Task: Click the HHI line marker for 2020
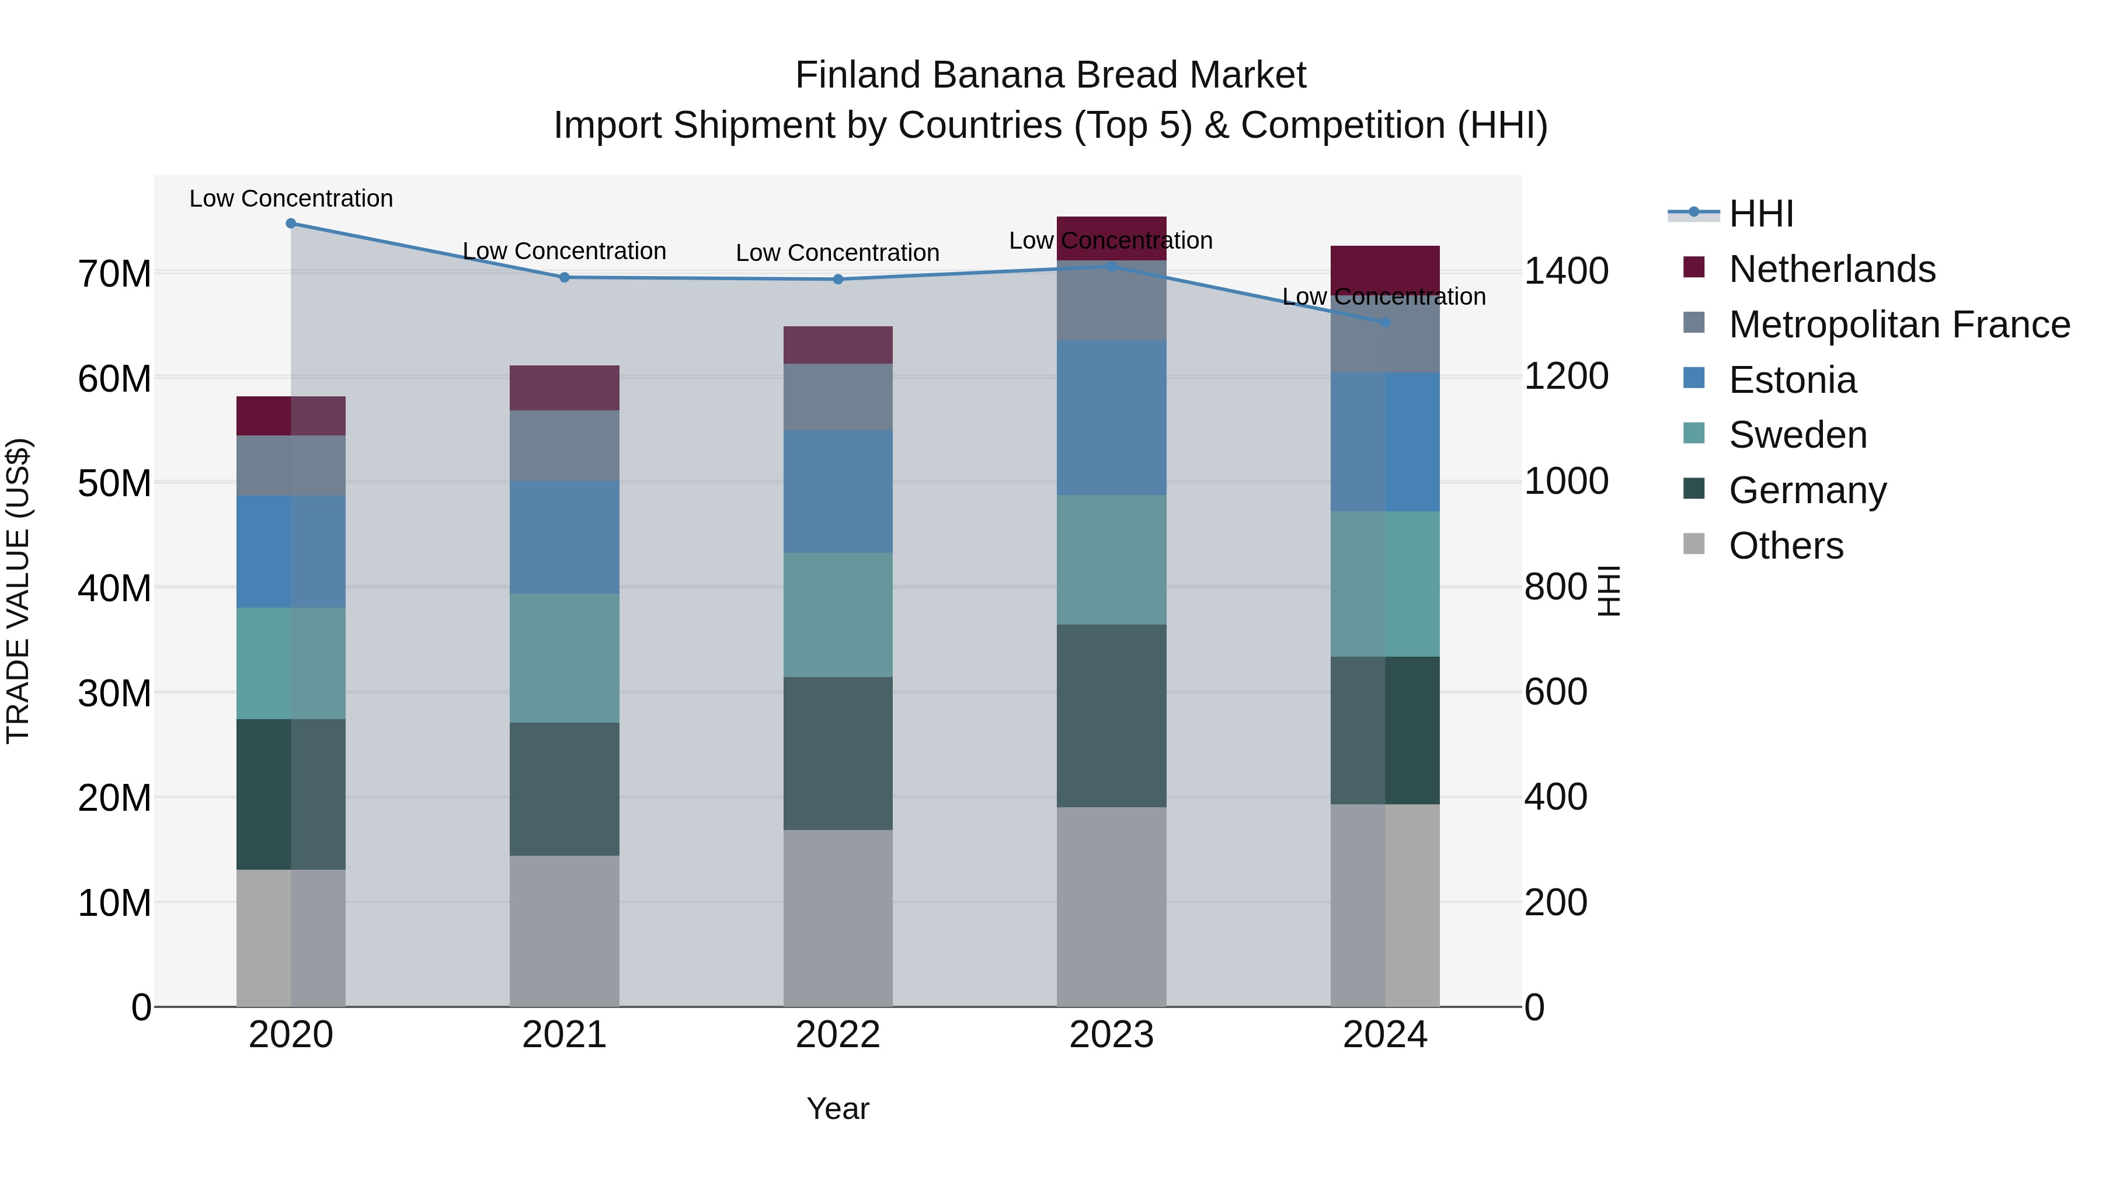(291, 224)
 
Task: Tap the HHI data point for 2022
(838, 279)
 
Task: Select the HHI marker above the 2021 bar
(564, 277)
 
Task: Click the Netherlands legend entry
(1831, 269)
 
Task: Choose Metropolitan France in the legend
(1899, 325)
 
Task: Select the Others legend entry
(1786, 546)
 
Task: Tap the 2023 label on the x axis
(1111, 1035)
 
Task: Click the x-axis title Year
(838, 1108)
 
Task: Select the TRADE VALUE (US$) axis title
(18, 591)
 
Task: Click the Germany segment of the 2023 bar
(1111, 716)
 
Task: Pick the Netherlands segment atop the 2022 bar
(838, 345)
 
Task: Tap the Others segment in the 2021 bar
(564, 931)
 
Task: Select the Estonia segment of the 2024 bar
(1385, 442)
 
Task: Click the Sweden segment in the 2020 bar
(291, 663)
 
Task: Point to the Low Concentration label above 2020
(291, 198)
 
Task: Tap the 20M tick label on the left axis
(114, 798)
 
